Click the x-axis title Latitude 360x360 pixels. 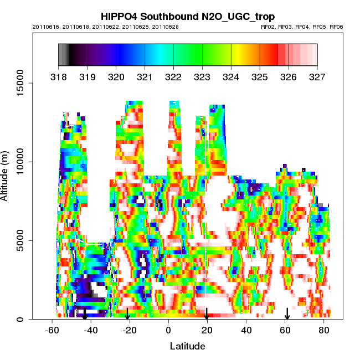tap(187, 346)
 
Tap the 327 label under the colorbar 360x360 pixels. tap(317, 77)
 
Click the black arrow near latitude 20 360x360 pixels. tap(207, 314)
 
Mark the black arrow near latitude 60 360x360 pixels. tap(287, 314)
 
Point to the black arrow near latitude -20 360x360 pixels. tap(127, 314)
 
